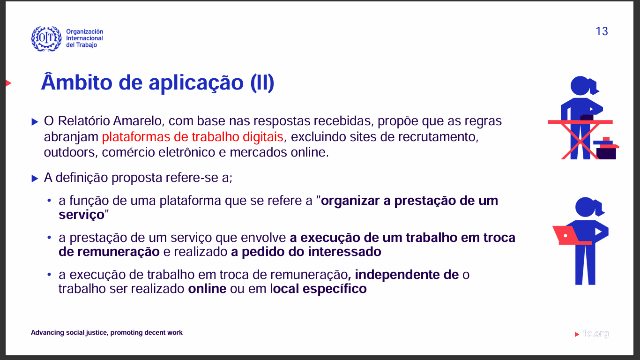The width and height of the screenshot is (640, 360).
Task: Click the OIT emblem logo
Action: tap(46, 38)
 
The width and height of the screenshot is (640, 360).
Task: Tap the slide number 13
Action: tap(602, 31)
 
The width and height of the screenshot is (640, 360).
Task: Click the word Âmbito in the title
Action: tap(76, 82)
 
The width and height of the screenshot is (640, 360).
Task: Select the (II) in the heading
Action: tap(262, 83)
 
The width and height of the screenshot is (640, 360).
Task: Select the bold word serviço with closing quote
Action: tap(84, 215)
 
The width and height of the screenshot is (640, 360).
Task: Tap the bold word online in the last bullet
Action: tap(207, 289)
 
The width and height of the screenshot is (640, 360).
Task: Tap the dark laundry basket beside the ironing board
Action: tap(606, 149)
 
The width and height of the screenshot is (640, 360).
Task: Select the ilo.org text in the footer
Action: tap(595, 333)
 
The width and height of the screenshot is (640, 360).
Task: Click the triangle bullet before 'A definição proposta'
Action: tap(35, 179)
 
